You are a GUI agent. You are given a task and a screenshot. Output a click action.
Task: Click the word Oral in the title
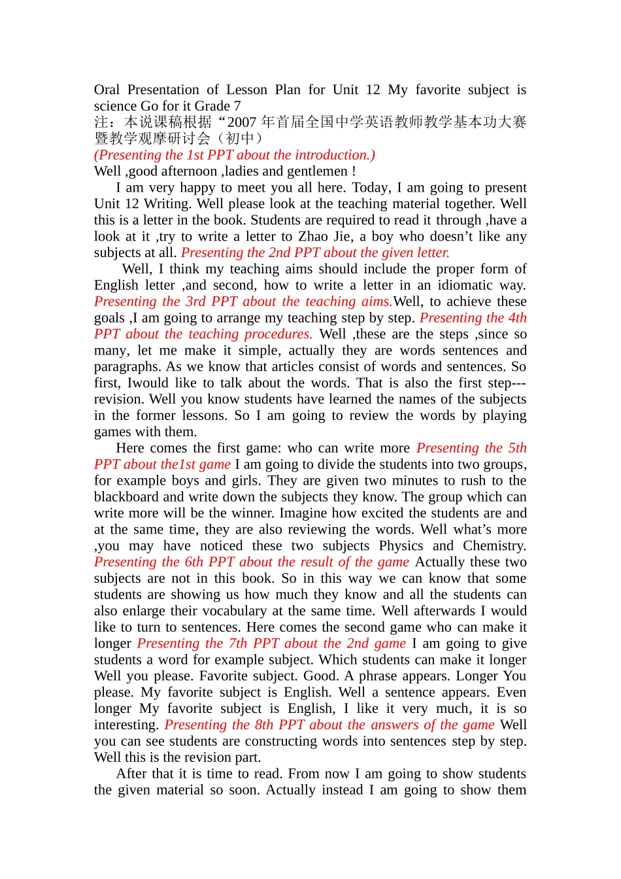tap(107, 90)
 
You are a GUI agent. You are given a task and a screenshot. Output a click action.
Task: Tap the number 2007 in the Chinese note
tap(241, 122)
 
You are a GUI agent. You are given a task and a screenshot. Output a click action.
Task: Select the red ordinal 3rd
tap(195, 302)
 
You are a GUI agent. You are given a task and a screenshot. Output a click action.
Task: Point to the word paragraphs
tap(125, 367)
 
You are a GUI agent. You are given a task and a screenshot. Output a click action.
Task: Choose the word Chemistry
tap(494, 546)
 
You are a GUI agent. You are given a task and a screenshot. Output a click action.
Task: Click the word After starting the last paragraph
tap(131, 774)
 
